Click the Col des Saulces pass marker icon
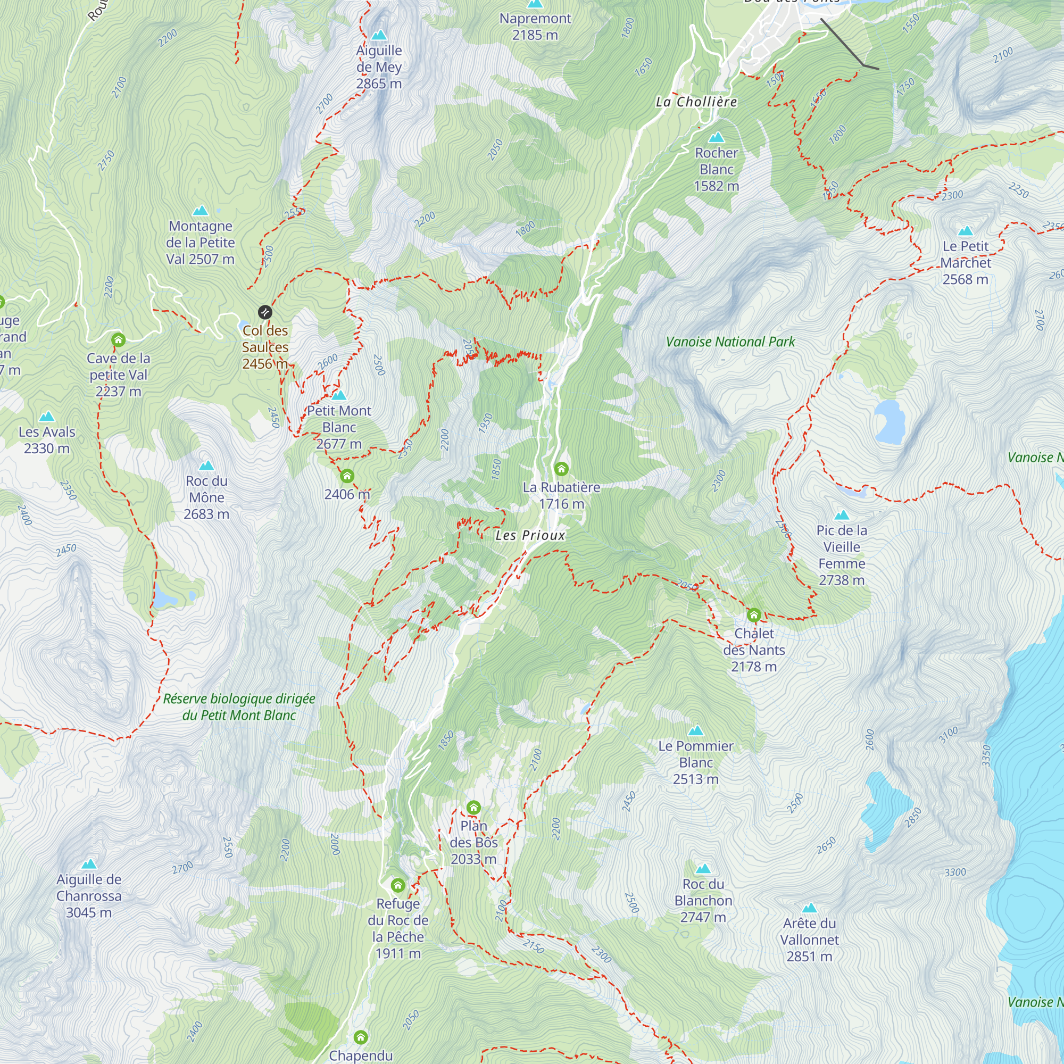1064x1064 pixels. click(x=265, y=312)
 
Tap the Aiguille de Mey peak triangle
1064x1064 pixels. click(x=379, y=36)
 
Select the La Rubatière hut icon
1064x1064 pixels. click(x=561, y=469)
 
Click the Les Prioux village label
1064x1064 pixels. click(x=530, y=535)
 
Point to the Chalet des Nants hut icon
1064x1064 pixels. click(x=754, y=614)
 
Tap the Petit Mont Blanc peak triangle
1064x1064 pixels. click(x=339, y=395)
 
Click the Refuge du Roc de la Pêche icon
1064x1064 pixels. click(x=397, y=886)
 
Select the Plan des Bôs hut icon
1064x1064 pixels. click(x=473, y=808)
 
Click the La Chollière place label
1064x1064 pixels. click(x=696, y=102)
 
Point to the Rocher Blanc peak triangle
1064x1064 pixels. click(x=717, y=138)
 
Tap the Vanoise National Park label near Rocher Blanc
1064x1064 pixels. click(x=730, y=342)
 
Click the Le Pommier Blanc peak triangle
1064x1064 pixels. click(x=696, y=731)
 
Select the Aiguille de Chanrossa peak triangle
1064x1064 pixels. click(x=89, y=864)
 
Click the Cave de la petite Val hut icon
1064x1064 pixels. click(x=119, y=340)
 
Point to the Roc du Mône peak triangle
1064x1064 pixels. click(x=206, y=466)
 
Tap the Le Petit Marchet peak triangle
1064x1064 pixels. click(x=966, y=231)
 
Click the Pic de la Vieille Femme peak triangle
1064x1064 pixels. click(x=842, y=516)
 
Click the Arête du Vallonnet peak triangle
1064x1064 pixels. click(x=809, y=908)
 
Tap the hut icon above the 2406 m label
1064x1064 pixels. click(x=347, y=476)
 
